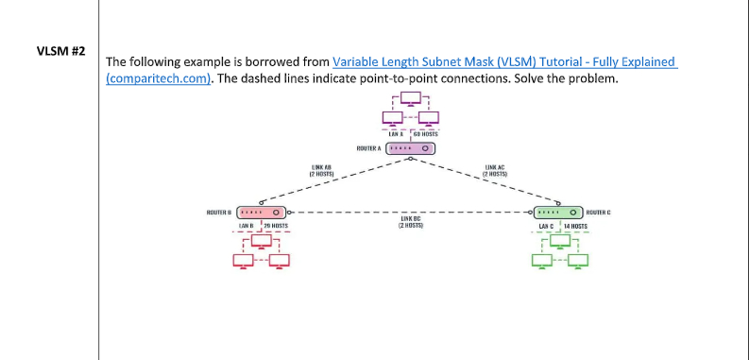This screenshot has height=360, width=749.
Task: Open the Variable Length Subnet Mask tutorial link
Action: pos(504,61)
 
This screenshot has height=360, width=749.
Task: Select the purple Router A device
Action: pos(410,148)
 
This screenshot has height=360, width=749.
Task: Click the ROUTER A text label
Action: pos(368,148)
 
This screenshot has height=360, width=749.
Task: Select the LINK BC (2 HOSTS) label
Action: pos(410,223)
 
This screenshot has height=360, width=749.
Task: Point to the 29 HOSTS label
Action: pos(276,227)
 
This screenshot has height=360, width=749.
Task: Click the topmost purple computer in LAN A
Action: pos(410,97)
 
